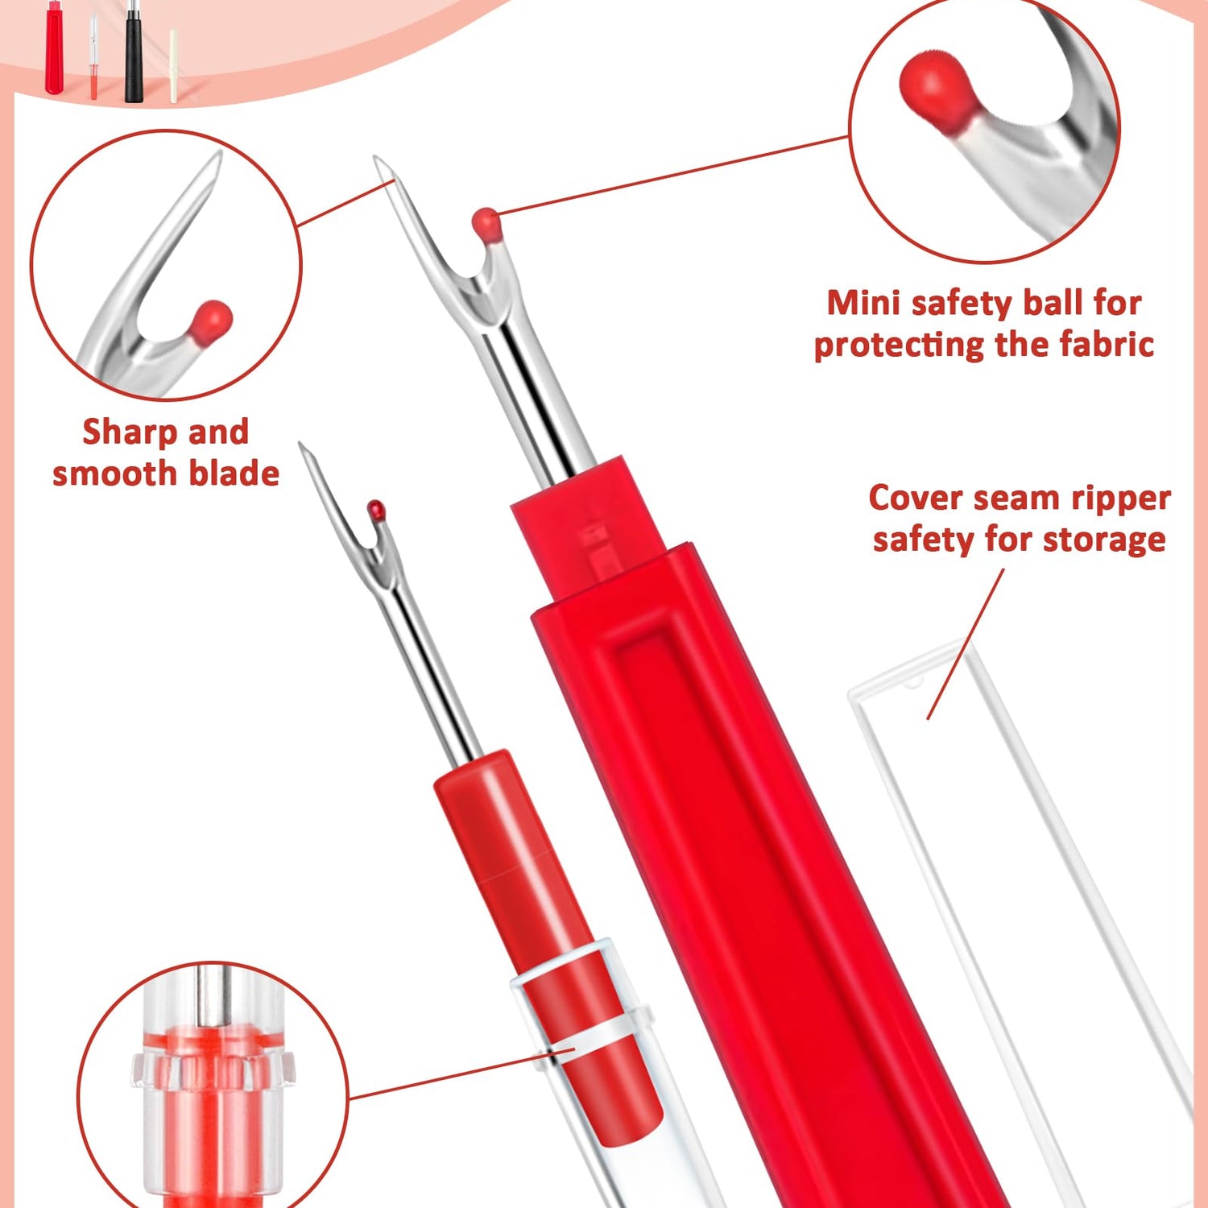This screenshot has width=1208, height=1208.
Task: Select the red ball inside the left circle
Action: point(211,322)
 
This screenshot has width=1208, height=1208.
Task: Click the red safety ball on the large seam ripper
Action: point(487,224)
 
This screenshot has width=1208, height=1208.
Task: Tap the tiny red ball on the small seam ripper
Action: point(376,509)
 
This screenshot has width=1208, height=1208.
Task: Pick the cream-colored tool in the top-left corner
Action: point(173,66)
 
